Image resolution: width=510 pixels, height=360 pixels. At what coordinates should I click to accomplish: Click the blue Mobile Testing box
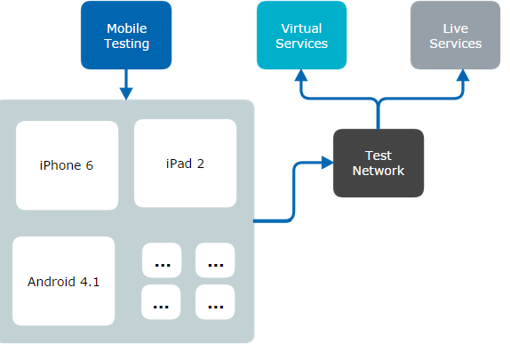click(x=125, y=36)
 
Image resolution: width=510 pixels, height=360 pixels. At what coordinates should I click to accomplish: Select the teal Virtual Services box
click(x=301, y=36)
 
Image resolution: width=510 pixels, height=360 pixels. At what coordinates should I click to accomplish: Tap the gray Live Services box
click(x=455, y=36)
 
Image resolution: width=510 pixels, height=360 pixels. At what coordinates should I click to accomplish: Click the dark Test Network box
click(x=378, y=164)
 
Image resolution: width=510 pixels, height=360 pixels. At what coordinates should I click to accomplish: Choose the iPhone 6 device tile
click(x=67, y=165)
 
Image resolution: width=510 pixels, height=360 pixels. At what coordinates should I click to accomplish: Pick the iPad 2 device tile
click(x=185, y=164)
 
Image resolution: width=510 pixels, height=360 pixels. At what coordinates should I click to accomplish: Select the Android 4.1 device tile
click(x=64, y=282)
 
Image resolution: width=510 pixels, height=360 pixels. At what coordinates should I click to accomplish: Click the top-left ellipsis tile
click(x=162, y=261)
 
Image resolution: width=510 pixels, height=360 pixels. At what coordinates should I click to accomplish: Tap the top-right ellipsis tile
click(x=215, y=261)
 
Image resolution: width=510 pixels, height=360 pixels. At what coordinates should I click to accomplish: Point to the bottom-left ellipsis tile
click(x=162, y=302)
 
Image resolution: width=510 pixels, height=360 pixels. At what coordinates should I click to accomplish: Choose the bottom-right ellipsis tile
click(x=215, y=302)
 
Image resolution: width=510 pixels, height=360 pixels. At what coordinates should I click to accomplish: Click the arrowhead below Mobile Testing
click(x=125, y=92)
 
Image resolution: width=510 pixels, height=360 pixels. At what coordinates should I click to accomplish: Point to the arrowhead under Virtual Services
click(x=301, y=77)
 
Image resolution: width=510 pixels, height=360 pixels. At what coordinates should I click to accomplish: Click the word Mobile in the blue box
click(x=126, y=28)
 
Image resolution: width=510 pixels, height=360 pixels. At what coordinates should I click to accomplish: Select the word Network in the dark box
click(x=379, y=171)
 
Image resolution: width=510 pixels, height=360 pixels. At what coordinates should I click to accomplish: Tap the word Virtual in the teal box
click(x=301, y=28)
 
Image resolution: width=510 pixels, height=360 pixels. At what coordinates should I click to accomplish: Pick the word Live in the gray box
click(x=455, y=28)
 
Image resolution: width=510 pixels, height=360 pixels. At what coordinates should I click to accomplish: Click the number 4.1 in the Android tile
click(x=89, y=282)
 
